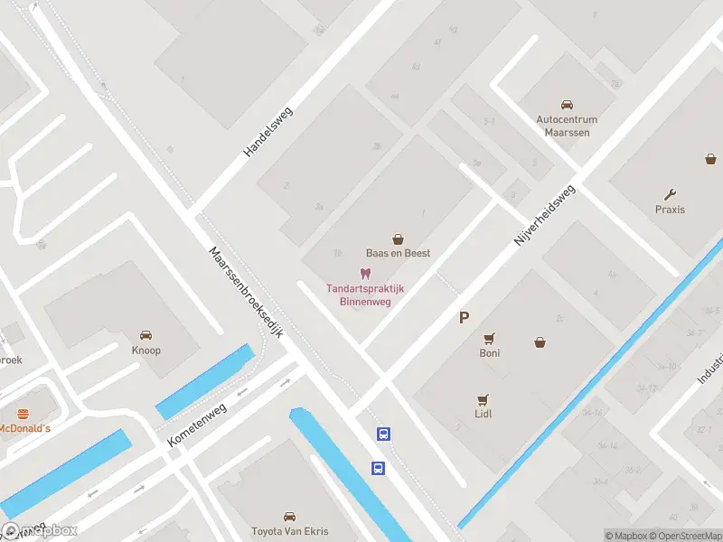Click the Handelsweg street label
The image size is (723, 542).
270,132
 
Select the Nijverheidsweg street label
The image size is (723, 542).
544,218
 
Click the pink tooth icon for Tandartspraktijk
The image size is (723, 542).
365,274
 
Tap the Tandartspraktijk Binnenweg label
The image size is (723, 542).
365,295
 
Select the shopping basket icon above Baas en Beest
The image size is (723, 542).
397,238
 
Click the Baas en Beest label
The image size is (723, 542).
397,253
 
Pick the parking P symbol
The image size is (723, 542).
465,317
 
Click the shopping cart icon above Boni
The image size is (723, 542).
489,339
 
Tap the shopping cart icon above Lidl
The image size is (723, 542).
483,399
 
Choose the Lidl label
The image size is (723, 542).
483,414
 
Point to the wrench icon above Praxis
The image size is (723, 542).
670,194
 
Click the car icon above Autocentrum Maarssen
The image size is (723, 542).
567,105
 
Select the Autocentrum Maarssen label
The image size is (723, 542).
567,126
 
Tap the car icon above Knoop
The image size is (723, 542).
146,335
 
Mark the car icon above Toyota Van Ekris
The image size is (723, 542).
289,517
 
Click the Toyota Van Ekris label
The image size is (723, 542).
289,531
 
